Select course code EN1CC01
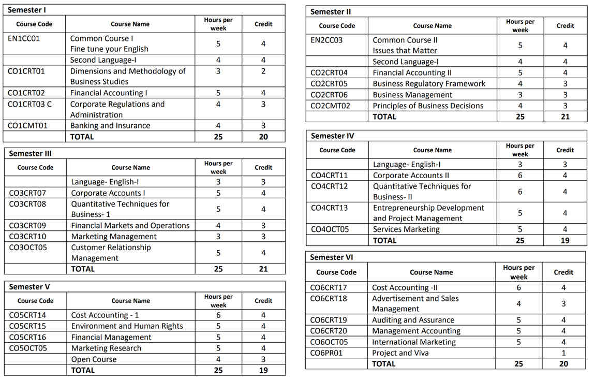coord(24,38)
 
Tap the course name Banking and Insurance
coord(110,126)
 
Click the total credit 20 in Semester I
coord(263,137)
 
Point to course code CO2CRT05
coord(329,84)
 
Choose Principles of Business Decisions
coord(428,106)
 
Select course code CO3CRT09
coord(27,226)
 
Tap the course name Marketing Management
coord(114,237)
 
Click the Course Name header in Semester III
coord(130,168)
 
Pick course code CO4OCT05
coord(329,229)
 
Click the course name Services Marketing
coord(406,229)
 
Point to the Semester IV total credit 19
coord(565,241)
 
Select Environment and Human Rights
coord(127,326)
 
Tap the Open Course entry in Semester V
coord(94,359)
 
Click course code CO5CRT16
coord(27,338)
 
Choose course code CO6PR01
coord(326,353)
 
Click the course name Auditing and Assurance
coord(413,320)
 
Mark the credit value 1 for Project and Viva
coord(563,353)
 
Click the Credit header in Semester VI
coord(563,272)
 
